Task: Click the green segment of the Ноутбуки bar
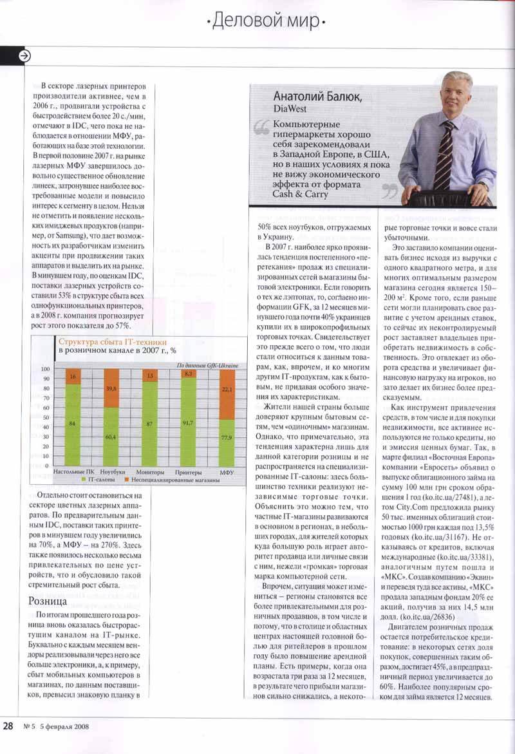[111, 436]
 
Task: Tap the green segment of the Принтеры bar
[187, 421]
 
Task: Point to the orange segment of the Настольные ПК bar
[72, 376]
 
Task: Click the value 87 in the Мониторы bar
[149, 424]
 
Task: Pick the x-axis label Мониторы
[149, 472]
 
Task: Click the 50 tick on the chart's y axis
[46, 417]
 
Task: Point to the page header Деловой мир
[265, 22]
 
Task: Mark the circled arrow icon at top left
[24, 55]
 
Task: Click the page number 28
[8, 726]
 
